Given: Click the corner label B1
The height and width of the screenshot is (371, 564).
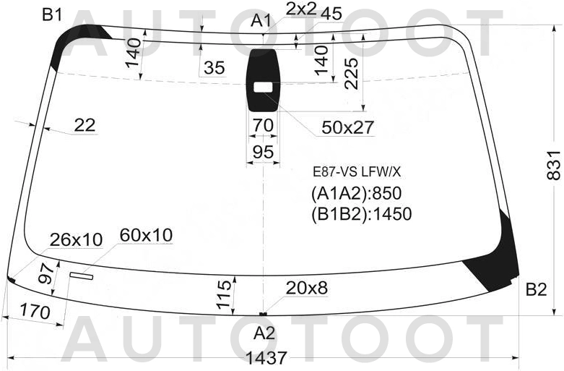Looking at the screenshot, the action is (52, 15).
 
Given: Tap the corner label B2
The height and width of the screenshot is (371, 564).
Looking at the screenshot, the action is (537, 289).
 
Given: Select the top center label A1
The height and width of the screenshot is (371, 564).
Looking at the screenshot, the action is (261, 20).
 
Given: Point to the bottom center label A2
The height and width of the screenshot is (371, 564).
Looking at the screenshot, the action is (264, 333).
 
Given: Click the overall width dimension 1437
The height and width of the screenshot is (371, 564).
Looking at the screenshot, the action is (266, 358).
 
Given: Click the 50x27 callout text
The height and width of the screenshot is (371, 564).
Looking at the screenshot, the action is (348, 127).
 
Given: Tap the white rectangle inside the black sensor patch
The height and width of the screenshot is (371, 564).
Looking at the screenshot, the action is (264, 87).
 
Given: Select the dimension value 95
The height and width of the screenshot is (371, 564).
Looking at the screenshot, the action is (263, 152).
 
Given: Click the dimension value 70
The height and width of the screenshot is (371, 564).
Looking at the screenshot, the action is (263, 125).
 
